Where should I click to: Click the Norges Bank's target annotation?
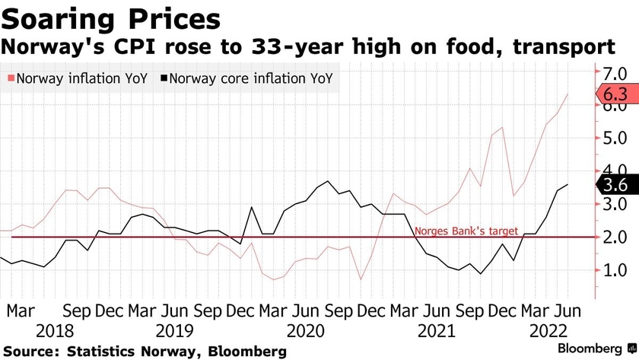click(466, 231)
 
